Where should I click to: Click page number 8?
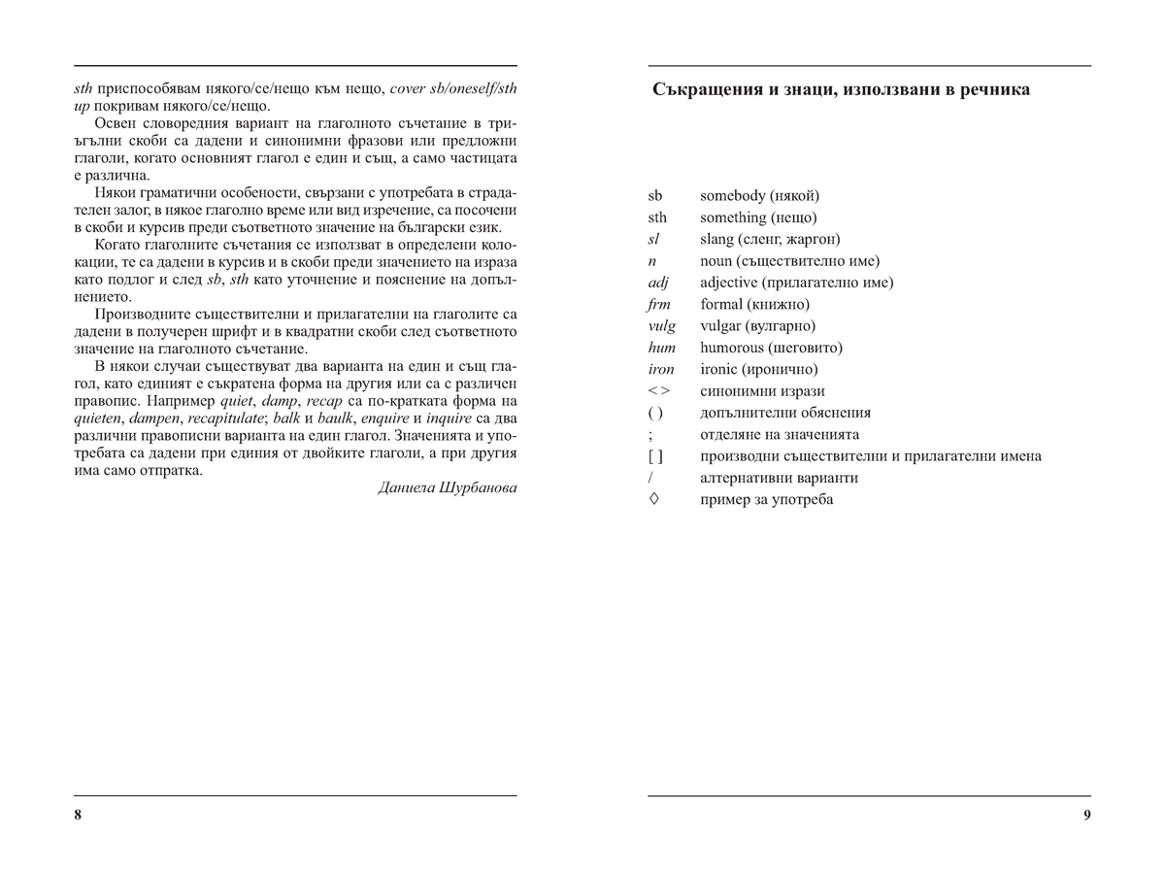click(78, 815)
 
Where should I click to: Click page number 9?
click(1087, 815)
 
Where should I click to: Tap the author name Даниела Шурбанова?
click(447, 487)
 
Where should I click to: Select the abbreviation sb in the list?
click(655, 196)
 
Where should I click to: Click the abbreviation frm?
click(658, 305)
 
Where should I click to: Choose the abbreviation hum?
click(661, 348)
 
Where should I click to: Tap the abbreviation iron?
click(660, 370)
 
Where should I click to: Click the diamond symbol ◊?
click(653, 499)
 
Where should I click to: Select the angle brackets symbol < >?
click(658, 391)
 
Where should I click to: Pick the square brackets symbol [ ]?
click(655, 456)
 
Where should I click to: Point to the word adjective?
click(729, 283)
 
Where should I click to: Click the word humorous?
click(732, 348)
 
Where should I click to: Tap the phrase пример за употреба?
click(766, 500)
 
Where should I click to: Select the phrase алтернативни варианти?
click(779, 478)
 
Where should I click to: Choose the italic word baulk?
click(342, 418)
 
